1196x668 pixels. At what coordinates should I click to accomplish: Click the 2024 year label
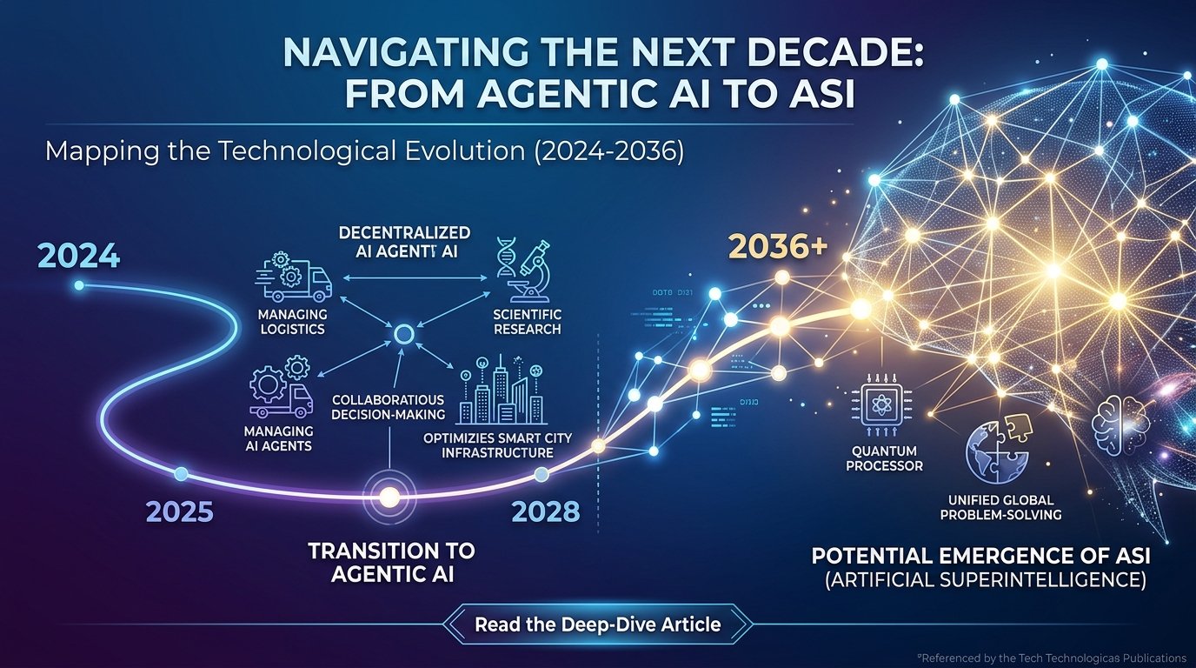click(79, 257)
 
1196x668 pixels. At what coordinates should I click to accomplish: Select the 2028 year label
click(545, 511)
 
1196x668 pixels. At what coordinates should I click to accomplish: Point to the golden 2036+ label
click(777, 247)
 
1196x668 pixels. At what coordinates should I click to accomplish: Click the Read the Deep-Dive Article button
click(597, 625)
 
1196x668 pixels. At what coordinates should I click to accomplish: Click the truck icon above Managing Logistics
click(293, 276)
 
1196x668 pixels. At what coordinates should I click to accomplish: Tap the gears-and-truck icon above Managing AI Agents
click(281, 388)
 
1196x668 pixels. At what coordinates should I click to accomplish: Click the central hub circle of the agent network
click(402, 334)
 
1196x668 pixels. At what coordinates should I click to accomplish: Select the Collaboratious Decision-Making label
click(389, 407)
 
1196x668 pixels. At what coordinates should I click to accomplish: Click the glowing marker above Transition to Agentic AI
click(389, 497)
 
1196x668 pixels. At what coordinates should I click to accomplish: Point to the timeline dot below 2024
click(79, 285)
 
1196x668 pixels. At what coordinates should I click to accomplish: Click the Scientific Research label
click(527, 322)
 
